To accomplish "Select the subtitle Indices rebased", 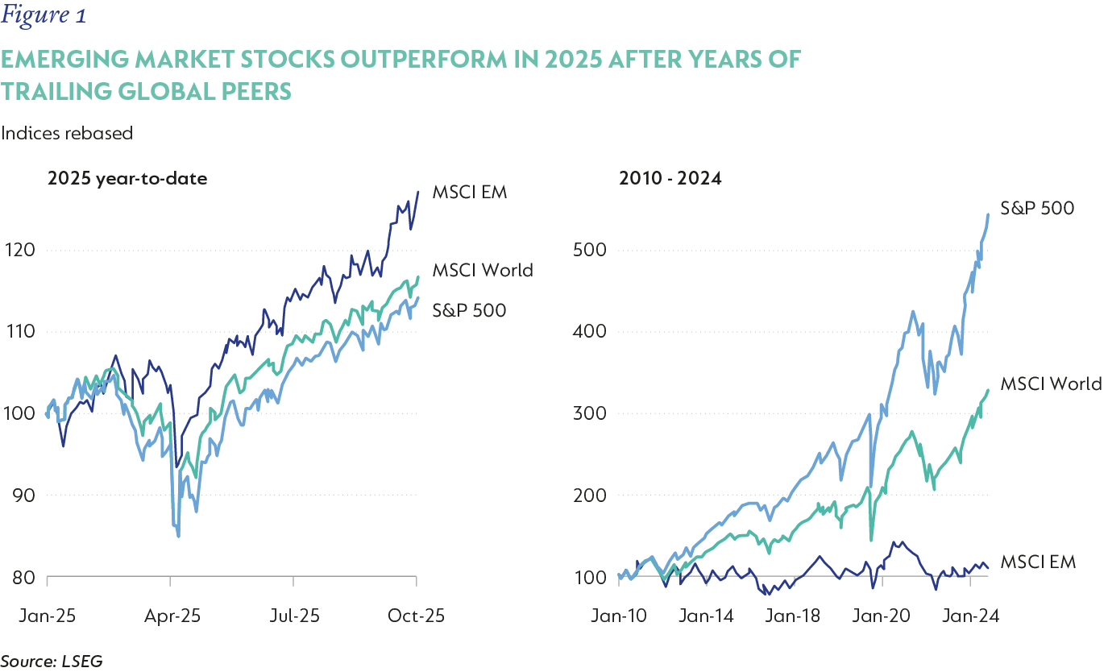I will [x=67, y=134].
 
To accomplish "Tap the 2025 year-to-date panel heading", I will [x=127, y=178].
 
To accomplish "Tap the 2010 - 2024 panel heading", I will [x=670, y=178].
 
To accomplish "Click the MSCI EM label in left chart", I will [x=470, y=193].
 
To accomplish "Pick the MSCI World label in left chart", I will [x=482, y=270].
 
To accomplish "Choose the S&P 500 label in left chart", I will [x=469, y=309].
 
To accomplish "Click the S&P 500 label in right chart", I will [x=1037, y=208].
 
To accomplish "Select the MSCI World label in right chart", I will [x=1050, y=384].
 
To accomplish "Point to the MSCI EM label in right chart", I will [x=1038, y=562].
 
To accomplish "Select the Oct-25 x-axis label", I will [x=417, y=616].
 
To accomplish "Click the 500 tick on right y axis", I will [x=587, y=250].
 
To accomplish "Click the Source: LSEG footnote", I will [x=52, y=662].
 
